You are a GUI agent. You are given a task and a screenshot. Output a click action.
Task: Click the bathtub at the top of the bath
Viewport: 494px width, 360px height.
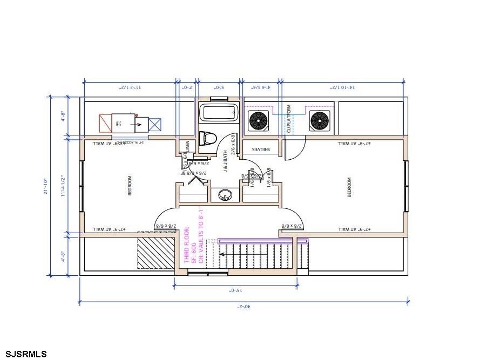pyautogui.click(x=219, y=113)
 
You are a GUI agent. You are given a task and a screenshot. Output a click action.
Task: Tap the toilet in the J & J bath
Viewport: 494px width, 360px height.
pyautogui.click(x=206, y=139)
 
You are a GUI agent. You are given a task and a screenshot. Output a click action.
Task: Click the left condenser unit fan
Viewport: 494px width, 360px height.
pyautogui.click(x=258, y=121)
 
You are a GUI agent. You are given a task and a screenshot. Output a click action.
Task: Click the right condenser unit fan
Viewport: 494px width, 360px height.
pyautogui.click(x=319, y=121)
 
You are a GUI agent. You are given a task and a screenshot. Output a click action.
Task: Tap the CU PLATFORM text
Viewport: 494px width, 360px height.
pyautogui.click(x=289, y=119)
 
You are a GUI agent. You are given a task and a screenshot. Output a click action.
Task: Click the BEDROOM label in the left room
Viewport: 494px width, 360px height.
pyautogui.click(x=130, y=186)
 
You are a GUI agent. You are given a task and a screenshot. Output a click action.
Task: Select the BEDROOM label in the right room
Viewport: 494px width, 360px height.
pyautogui.click(x=349, y=187)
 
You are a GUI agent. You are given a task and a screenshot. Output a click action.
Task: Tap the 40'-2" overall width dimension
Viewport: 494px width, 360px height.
pyautogui.click(x=244, y=306)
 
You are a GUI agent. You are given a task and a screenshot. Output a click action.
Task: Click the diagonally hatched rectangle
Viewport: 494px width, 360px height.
pyautogui.click(x=155, y=251)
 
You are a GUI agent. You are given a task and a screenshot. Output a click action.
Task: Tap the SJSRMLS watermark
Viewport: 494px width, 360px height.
pyautogui.click(x=24, y=354)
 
